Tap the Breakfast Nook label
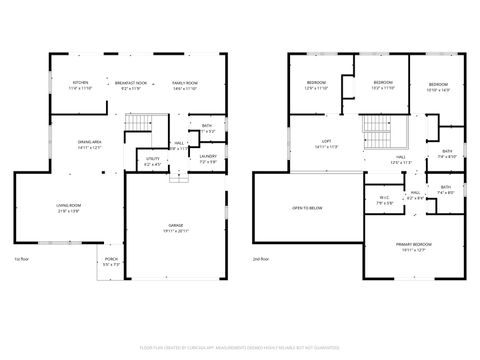(x=132, y=85)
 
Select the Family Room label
(x=184, y=85)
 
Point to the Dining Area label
(x=91, y=144)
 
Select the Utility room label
(x=152, y=160)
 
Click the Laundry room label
(x=208, y=158)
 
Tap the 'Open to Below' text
(x=306, y=208)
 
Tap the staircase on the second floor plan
(x=377, y=128)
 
